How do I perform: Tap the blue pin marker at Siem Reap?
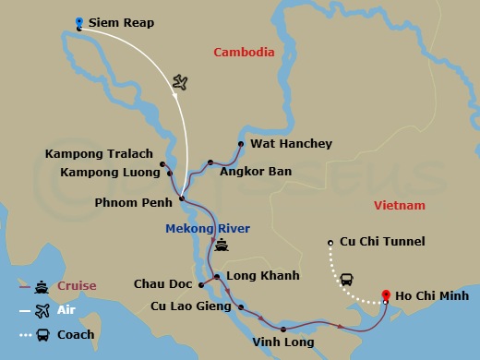[80, 22]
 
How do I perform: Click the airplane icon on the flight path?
[180, 84]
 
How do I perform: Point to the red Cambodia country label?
[244, 53]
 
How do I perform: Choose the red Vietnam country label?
[400, 205]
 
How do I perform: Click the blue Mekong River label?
[208, 228]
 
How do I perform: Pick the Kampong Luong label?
[107, 172]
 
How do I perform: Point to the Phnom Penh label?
[135, 201]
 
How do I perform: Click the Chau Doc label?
[162, 284]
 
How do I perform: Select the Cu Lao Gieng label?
[189, 306]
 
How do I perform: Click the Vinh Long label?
[282, 342]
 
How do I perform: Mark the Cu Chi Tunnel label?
[382, 242]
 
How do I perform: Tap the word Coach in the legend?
[76, 334]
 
